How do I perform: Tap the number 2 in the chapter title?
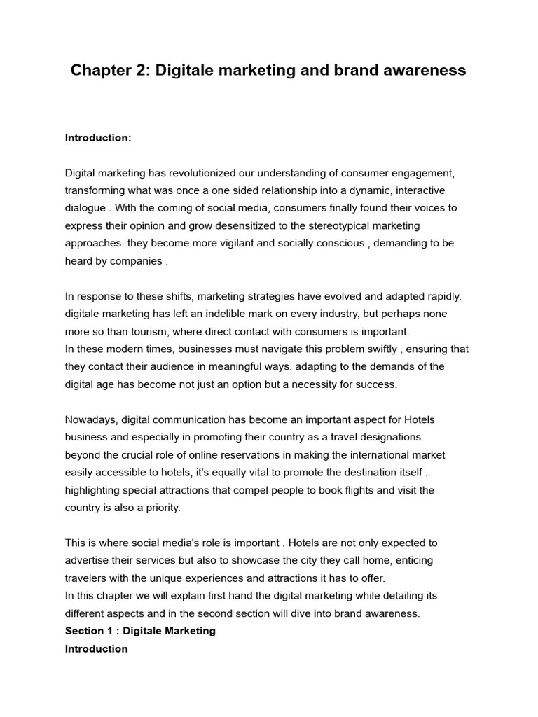145,71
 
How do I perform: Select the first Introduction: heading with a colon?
98,138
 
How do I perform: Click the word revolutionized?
212,172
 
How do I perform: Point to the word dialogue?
87,207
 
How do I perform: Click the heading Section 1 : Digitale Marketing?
140,631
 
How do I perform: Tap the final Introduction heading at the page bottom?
97,649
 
